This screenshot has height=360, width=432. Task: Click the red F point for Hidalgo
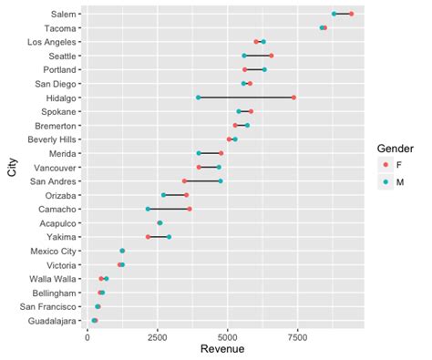293,98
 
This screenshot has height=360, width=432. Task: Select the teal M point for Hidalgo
198,98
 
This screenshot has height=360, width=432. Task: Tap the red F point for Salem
351,14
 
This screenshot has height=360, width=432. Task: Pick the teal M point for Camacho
148,209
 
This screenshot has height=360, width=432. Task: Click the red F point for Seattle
272,56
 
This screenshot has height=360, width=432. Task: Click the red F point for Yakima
149,237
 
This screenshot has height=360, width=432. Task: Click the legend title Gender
396,148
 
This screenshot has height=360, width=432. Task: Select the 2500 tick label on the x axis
157,336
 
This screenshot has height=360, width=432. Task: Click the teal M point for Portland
264,69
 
